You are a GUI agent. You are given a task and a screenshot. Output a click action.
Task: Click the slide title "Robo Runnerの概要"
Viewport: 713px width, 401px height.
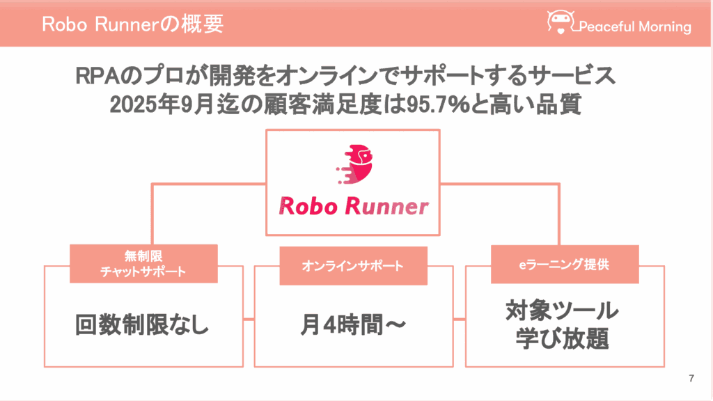pos(132,24)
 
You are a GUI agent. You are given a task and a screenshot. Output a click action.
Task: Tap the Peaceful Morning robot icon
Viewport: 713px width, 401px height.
pos(561,22)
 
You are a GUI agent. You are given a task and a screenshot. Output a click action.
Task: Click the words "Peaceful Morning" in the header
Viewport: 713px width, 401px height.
pos(634,27)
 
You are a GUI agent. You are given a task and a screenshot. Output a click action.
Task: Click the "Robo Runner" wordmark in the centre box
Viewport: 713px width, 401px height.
pos(353,205)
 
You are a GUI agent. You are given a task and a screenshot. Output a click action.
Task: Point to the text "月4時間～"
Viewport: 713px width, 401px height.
pos(352,325)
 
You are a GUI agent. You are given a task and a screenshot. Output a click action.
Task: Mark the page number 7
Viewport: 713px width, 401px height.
pos(691,379)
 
